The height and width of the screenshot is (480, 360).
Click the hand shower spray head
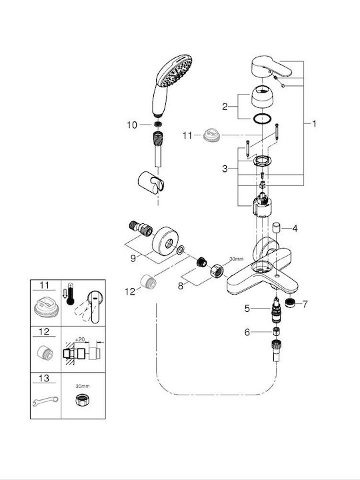174,71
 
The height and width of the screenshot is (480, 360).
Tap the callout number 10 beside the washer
132,125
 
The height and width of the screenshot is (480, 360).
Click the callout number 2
225,107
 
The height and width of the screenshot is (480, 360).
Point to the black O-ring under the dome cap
263,119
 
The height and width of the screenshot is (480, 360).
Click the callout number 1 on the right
314,124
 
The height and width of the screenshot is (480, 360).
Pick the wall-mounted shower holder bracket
151,183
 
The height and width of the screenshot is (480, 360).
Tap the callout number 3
225,169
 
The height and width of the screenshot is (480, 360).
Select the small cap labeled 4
277,229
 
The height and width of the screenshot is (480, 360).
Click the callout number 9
133,259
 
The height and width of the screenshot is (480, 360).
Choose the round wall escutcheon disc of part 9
165,241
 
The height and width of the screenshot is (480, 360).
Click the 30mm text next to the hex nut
236,259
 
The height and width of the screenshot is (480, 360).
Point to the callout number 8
181,286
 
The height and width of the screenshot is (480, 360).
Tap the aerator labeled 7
289,303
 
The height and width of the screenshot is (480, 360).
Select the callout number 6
247,332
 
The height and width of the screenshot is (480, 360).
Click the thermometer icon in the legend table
71,294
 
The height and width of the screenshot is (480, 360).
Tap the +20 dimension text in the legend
79,339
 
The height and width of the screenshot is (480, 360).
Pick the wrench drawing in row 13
45,401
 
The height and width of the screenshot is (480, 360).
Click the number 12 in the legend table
44,331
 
